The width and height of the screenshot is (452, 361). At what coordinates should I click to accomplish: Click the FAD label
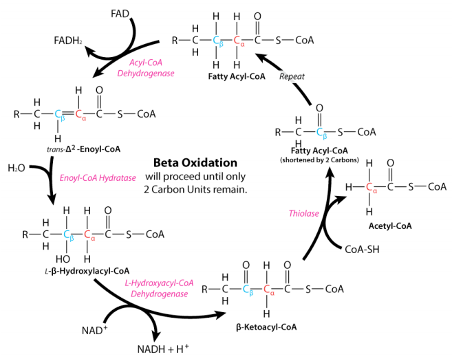120,14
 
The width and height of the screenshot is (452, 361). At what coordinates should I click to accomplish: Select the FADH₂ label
68,41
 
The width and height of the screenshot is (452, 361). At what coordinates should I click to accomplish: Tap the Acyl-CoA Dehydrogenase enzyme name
146,68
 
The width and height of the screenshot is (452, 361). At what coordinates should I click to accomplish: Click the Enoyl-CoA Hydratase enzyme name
98,178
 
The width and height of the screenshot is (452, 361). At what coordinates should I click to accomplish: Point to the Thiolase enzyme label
304,213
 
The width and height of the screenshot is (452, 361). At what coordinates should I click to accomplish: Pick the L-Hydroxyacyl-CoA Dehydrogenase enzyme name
159,288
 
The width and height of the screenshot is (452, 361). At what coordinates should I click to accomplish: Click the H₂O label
17,168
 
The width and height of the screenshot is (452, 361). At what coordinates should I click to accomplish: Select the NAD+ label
94,330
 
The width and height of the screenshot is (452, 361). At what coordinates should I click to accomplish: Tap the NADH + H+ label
163,349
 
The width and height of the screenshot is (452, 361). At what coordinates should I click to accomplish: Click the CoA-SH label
362,249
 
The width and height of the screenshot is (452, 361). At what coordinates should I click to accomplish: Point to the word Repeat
292,76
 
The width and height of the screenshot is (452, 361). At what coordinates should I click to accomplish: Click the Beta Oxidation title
195,163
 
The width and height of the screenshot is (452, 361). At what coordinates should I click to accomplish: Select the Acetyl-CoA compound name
390,226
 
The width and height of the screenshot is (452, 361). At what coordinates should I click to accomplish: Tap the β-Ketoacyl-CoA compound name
266,327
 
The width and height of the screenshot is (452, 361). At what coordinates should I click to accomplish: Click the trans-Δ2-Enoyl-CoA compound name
84,149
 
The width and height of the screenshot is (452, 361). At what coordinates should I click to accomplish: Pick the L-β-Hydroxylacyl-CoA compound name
87,271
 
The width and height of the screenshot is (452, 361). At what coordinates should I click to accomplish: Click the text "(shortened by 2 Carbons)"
319,160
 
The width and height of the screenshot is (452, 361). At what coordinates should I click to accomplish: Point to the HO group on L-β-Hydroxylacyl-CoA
63,259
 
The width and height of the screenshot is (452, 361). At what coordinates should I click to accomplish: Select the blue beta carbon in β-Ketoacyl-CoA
248,289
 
